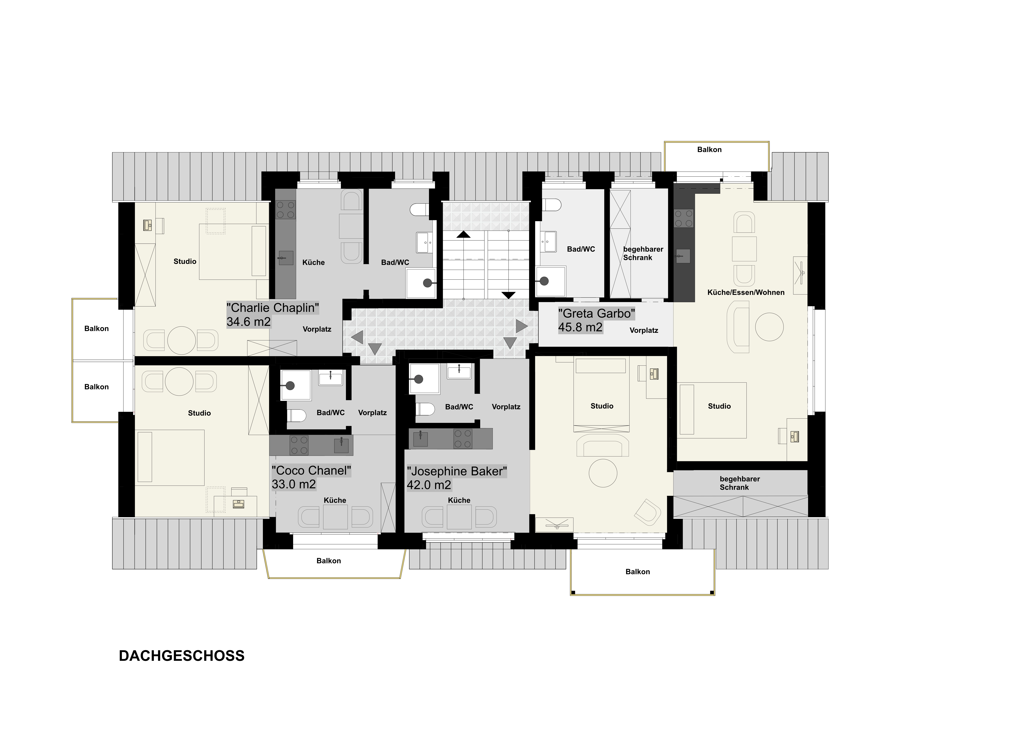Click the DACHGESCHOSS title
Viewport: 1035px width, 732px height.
click(182, 656)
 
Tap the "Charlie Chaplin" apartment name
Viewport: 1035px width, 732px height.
click(273, 308)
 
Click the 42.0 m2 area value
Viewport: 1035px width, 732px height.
click(429, 485)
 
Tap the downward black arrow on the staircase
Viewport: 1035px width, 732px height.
click(509, 295)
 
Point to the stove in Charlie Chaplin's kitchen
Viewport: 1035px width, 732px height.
click(285, 210)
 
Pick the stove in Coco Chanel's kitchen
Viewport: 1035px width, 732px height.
click(299, 445)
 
